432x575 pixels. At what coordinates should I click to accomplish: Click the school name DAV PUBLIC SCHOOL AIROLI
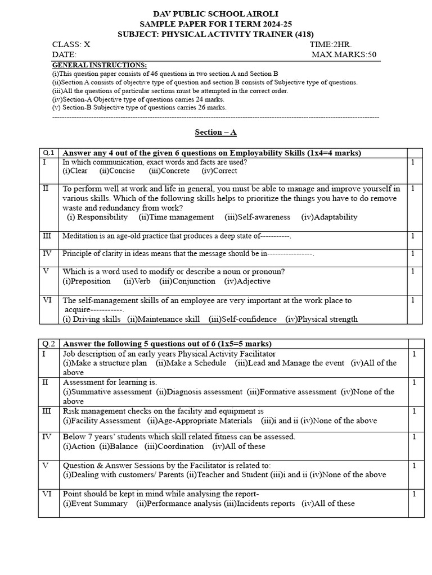[x=215, y=13]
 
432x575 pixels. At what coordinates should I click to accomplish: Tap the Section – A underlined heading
[x=215, y=132]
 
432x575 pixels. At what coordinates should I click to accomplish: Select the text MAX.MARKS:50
[x=344, y=54]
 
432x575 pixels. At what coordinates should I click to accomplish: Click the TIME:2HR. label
[x=330, y=44]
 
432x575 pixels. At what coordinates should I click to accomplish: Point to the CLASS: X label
[x=71, y=44]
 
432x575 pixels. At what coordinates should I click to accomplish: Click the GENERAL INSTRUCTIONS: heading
[x=99, y=65]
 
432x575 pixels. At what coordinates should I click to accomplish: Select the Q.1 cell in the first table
[x=49, y=153]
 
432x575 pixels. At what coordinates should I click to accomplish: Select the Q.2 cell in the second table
[x=49, y=344]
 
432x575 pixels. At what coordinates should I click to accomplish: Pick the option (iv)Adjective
[x=247, y=281]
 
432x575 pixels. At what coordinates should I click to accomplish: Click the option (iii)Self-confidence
[x=242, y=319]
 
